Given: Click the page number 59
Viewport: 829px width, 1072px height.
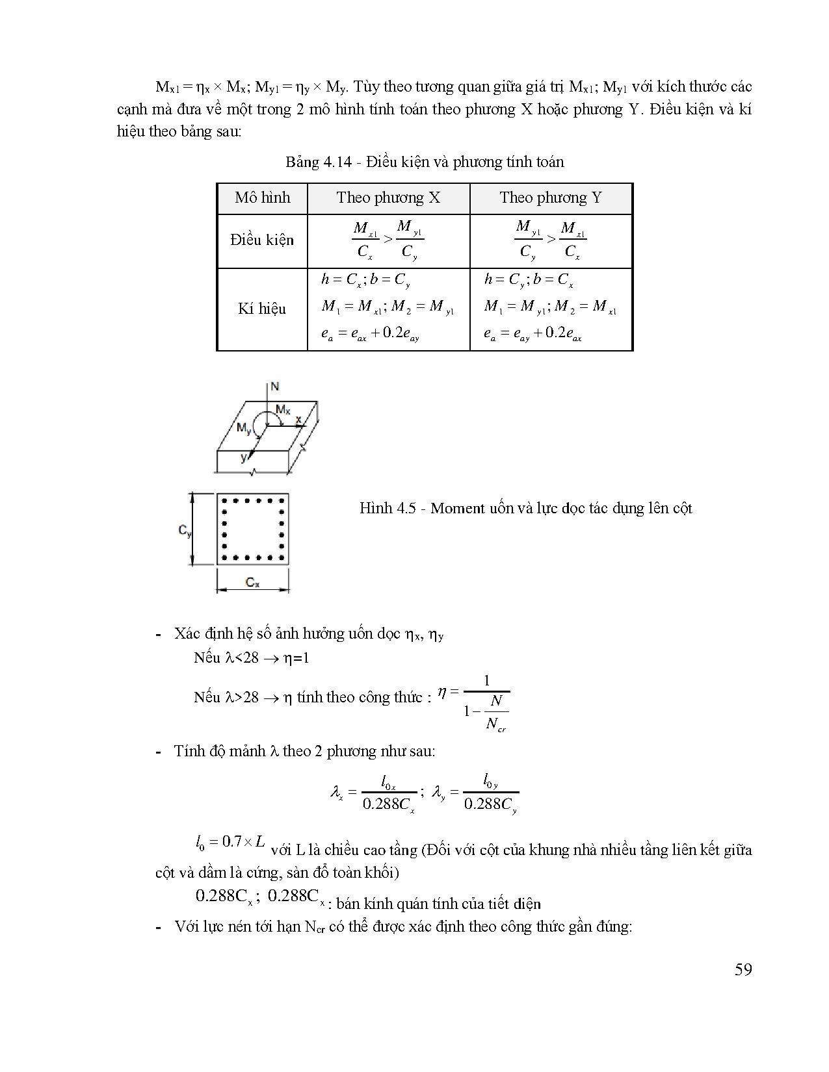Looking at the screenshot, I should coord(743,970).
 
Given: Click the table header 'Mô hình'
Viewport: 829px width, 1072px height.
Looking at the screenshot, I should coord(262,198).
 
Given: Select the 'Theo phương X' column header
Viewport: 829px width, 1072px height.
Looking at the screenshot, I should coord(388,198).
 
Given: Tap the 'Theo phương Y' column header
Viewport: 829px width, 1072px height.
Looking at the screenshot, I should coord(551,198).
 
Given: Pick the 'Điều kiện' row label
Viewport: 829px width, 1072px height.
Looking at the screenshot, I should coord(262,240).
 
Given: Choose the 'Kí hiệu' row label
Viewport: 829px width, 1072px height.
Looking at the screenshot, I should coord(262,309).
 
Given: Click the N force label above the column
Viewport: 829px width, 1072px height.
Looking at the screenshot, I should coord(275,387).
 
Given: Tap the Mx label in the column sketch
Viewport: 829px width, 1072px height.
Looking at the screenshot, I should coord(283,409).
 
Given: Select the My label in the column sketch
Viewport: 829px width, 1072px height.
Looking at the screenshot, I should coord(244,428).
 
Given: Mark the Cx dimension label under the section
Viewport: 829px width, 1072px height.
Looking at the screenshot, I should coord(252,583).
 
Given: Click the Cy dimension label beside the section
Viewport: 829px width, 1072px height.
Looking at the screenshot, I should coord(185,531).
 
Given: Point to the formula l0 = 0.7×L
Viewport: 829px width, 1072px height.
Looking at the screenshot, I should coord(230,842).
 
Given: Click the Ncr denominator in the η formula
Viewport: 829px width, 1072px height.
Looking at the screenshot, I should coord(495,724).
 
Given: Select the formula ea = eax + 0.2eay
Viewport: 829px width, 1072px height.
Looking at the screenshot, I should coord(370,334).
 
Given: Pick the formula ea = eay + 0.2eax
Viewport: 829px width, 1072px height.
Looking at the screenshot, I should coord(533,334).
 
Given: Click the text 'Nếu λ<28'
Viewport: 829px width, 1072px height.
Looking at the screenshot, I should coord(226,657).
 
